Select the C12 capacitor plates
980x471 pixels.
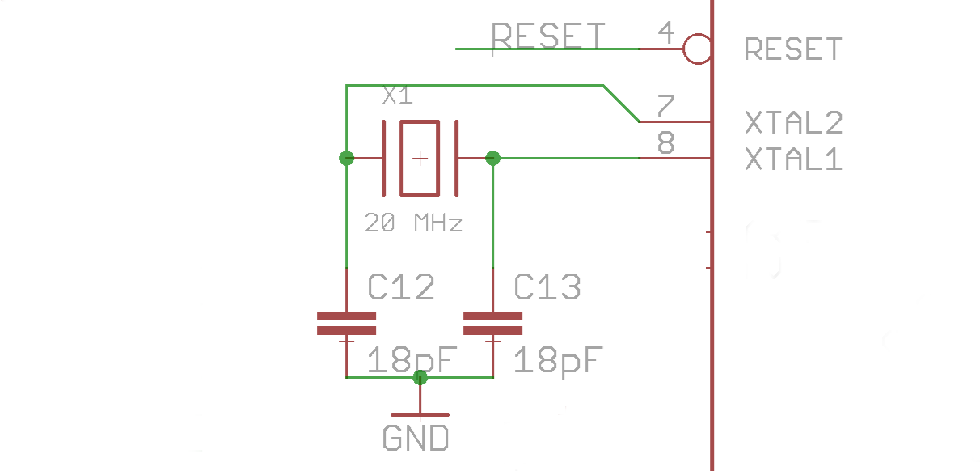click(347, 324)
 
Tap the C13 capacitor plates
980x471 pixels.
click(492, 324)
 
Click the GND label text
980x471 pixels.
click(416, 438)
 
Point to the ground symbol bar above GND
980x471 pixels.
click(420, 414)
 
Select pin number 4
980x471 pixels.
click(666, 32)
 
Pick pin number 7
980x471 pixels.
click(665, 105)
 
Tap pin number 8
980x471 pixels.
click(666, 142)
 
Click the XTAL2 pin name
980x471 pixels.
click(794, 122)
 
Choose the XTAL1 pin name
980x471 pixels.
click(794, 159)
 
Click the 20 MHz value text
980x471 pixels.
click(413, 223)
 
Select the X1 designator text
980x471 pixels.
click(397, 95)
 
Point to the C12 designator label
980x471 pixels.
click(401, 286)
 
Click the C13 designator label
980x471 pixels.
click(547, 286)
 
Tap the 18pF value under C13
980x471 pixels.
click(558, 361)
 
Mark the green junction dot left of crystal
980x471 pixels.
click(347, 158)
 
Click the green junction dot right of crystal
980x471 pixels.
click(492, 158)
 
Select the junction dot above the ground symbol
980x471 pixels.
click(420, 377)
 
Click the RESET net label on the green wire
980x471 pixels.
click(548, 36)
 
